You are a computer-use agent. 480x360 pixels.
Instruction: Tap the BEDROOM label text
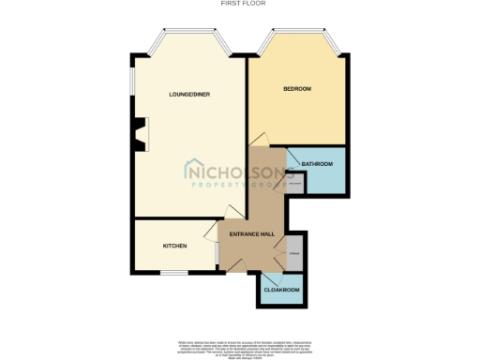(x=297, y=89)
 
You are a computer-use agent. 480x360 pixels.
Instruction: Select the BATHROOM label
(x=317, y=165)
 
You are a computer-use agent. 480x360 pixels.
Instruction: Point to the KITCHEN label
(x=175, y=246)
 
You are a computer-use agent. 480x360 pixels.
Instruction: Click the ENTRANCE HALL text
(x=252, y=234)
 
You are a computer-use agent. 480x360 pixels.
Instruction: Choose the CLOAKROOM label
(x=281, y=290)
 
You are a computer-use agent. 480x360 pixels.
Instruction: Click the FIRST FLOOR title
(x=243, y=4)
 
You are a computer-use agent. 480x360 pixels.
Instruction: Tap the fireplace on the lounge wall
(x=140, y=133)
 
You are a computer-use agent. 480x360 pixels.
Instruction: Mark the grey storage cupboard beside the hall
(x=293, y=253)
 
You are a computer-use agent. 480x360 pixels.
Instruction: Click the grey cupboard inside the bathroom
(x=294, y=184)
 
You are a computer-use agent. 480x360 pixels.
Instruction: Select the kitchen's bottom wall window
(x=172, y=273)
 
